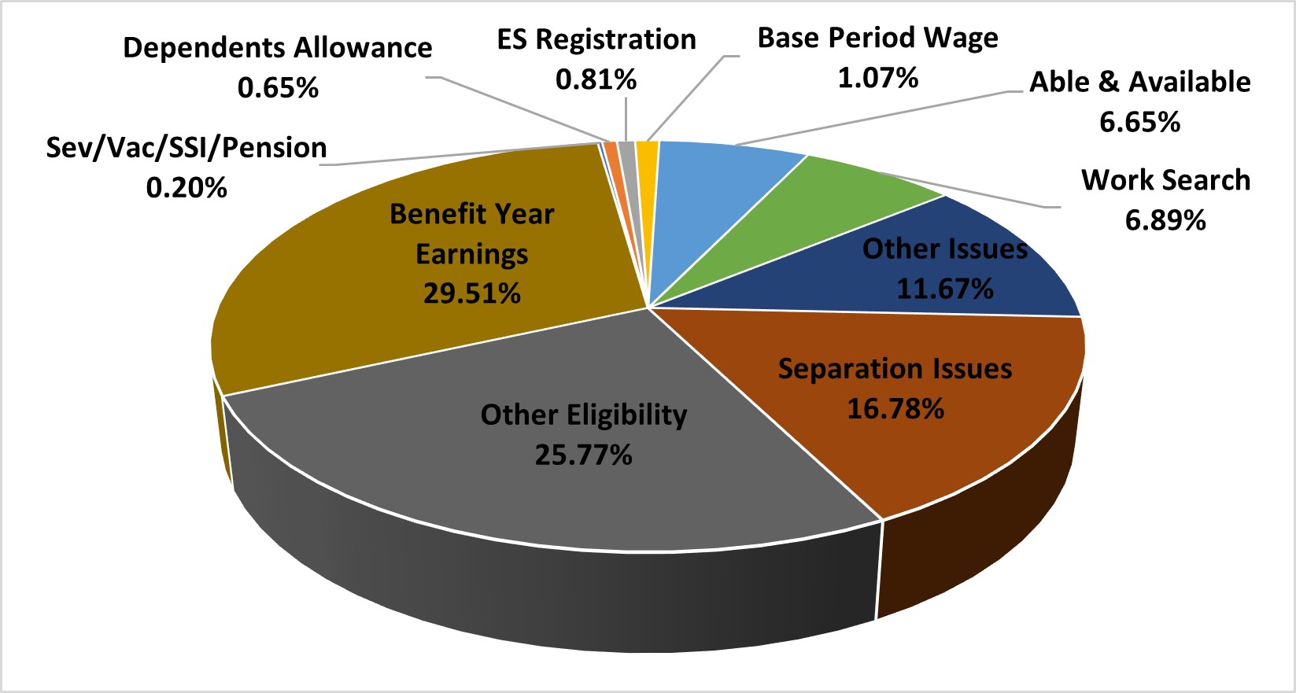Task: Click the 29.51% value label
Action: click(x=472, y=294)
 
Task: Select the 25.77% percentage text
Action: click(x=583, y=455)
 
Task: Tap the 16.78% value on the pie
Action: click(x=895, y=409)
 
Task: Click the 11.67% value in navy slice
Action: click(x=944, y=289)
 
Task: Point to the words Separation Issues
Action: click(x=895, y=369)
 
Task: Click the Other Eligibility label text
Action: click(x=583, y=415)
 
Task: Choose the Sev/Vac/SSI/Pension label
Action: click(x=186, y=148)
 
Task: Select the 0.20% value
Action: click(x=186, y=188)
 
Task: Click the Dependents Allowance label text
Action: click(x=278, y=48)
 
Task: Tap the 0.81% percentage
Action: click(x=596, y=79)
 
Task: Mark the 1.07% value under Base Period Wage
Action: click(x=877, y=78)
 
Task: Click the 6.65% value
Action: click(x=1139, y=123)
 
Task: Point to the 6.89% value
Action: click(x=1165, y=220)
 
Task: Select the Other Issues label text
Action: click(x=944, y=249)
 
